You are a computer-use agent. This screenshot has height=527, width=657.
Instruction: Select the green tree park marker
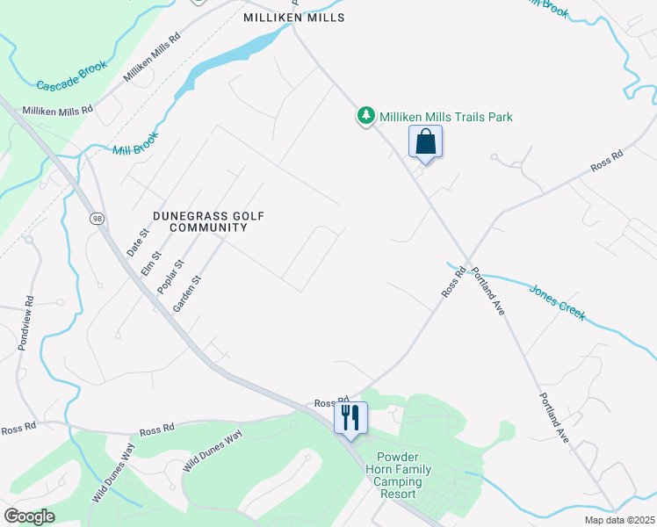(365, 116)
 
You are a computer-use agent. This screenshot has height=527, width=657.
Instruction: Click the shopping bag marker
(425, 142)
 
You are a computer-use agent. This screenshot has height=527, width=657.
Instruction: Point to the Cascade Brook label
(72, 76)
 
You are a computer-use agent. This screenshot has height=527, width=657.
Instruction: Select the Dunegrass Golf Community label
(208, 221)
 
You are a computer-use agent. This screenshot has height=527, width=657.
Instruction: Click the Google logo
(30, 516)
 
